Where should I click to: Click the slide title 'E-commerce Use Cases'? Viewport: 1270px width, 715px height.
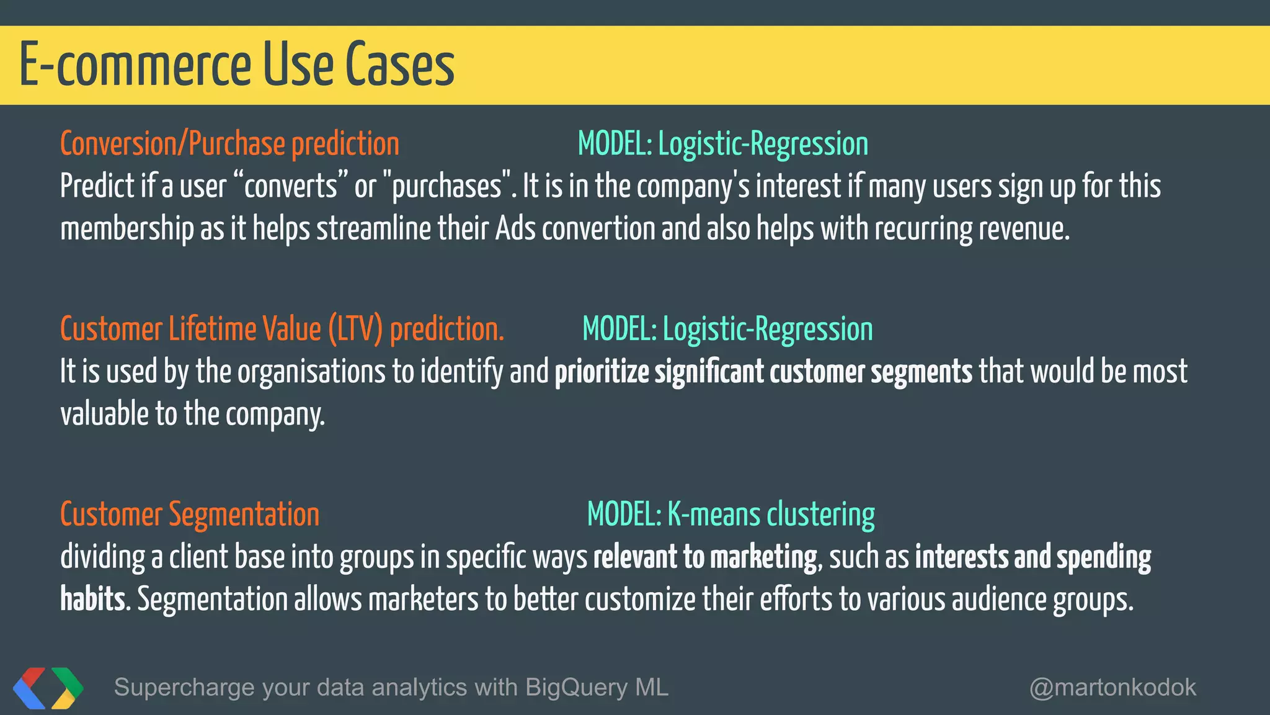(x=237, y=65)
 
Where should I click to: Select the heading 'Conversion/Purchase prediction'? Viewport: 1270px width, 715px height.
(x=229, y=144)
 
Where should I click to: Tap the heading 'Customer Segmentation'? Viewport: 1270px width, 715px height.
(x=190, y=515)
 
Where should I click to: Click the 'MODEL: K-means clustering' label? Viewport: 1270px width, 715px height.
(x=730, y=515)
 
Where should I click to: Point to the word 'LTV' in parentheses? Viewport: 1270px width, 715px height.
(x=355, y=329)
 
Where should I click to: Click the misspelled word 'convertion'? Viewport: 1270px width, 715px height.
(x=598, y=228)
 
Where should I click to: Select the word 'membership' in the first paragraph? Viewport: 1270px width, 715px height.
(x=127, y=228)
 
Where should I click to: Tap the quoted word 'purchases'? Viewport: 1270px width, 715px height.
(x=447, y=186)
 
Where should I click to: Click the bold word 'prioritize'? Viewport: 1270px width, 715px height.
(x=602, y=372)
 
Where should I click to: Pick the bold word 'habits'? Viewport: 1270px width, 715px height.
(x=92, y=600)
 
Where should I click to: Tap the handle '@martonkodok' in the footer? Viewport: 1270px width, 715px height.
(x=1112, y=687)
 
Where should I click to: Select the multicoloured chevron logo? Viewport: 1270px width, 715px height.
(x=48, y=688)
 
